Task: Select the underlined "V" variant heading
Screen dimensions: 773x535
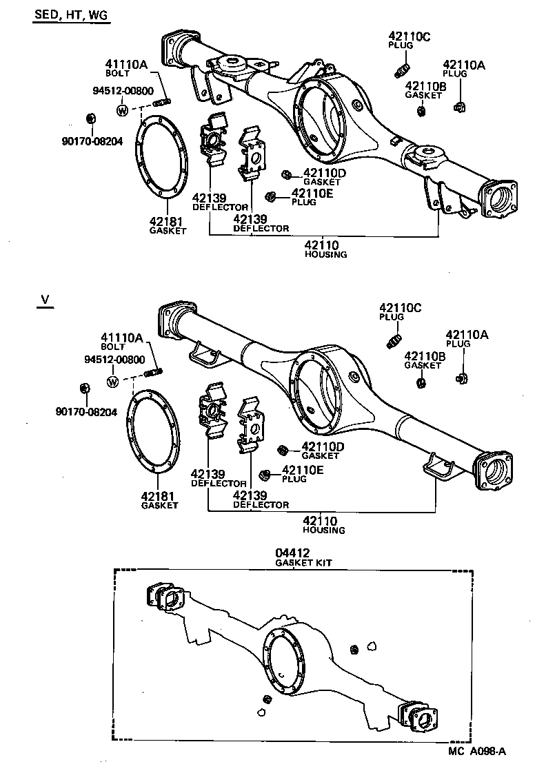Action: [46, 300]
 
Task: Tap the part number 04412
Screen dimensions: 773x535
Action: [293, 553]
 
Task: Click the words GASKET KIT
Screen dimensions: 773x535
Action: [303, 563]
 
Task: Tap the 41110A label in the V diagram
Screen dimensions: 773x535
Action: [121, 338]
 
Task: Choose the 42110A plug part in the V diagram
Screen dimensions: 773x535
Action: [461, 377]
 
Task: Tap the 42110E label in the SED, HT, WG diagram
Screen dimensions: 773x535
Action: [312, 193]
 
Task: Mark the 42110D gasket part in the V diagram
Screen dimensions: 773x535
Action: [281, 451]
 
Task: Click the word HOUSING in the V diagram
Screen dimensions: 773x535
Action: [324, 530]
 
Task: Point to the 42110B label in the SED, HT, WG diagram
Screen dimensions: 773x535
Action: [426, 86]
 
